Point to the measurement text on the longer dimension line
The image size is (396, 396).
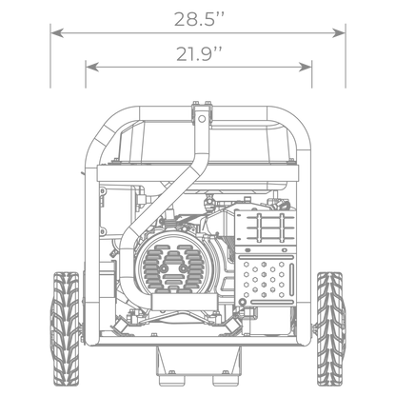[x=198, y=18]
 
